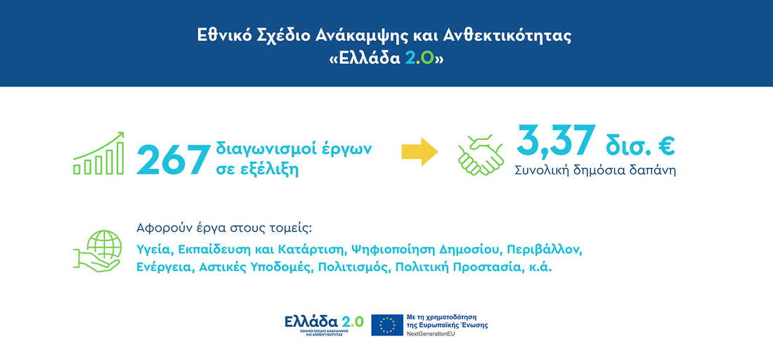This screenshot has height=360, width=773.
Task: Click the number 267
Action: point(172,159)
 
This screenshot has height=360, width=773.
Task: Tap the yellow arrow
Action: point(420,152)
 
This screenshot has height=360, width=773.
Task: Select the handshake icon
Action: point(481,155)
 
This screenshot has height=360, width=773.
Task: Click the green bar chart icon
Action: point(99,153)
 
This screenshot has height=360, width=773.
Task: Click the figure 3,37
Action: point(556,141)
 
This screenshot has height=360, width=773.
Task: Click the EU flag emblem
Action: point(386,324)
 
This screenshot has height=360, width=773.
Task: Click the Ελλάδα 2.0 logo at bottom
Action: point(324,323)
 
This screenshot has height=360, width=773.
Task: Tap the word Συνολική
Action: point(541,170)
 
